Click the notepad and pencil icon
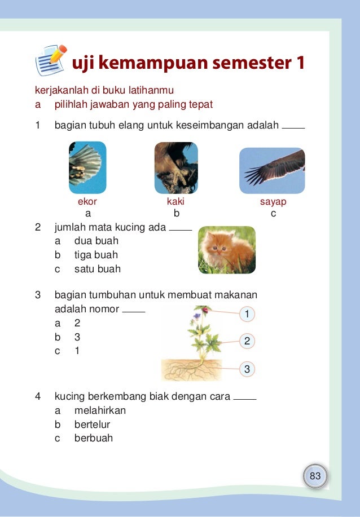click(51, 60)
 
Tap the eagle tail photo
click(87, 167)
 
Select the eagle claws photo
click(176, 168)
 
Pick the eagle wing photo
click(272, 171)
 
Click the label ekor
click(87, 201)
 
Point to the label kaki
click(175, 201)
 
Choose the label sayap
click(273, 201)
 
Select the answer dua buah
click(96, 241)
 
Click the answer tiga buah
click(96, 255)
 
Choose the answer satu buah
click(98, 269)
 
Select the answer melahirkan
click(100, 410)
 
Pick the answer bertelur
click(93, 424)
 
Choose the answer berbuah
click(94, 438)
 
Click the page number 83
click(315, 476)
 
